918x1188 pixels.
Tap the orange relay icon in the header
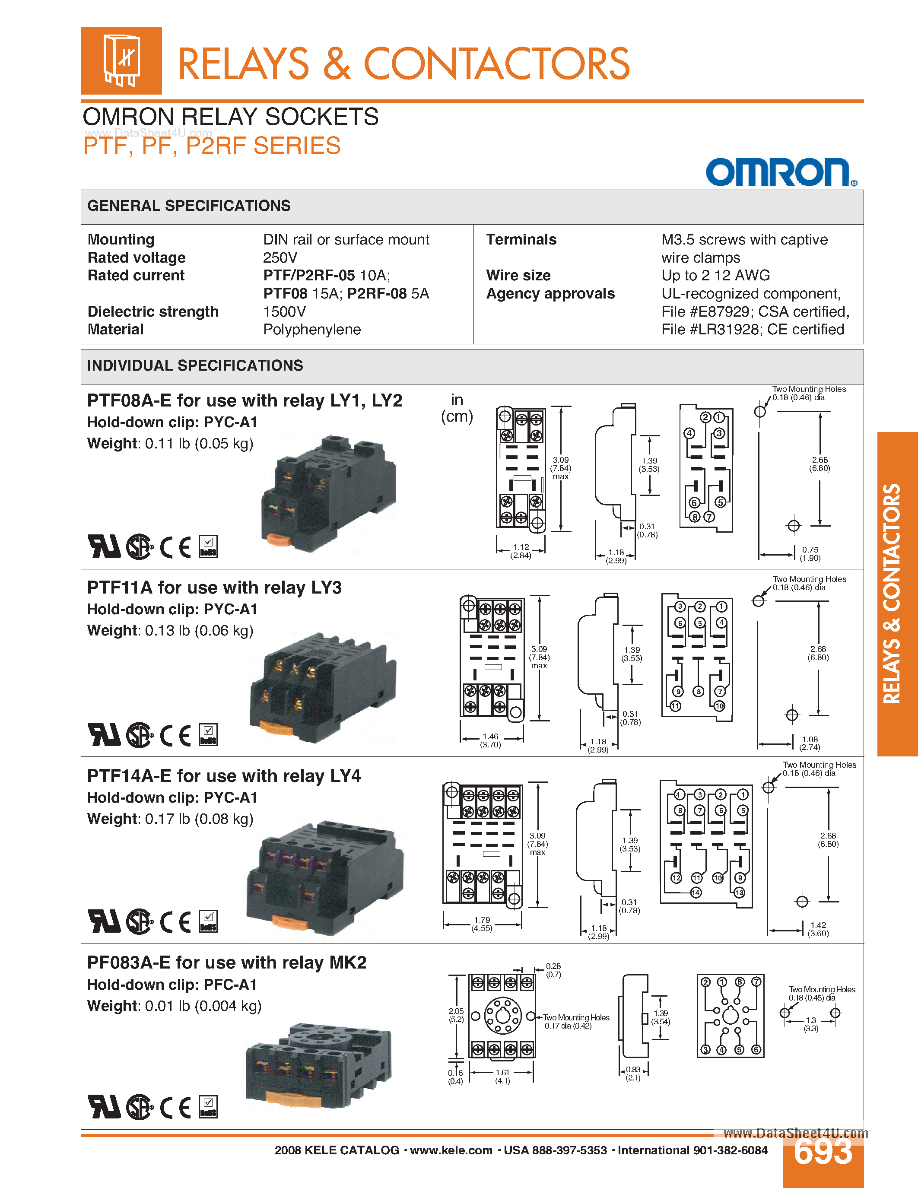pyautogui.click(x=121, y=60)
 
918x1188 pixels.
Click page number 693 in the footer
pyautogui.click(x=823, y=1152)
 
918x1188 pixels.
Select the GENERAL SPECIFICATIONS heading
pyautogui.click(x=189, y=206)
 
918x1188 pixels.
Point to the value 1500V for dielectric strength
pyautogui.click(x=284, y=311)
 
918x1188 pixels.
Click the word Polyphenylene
pyautogui.click(x=311, y=330)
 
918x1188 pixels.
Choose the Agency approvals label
pyautogui.click(x=550, y=294)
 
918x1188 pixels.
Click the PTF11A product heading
pyautogui.click(x=214, y=588)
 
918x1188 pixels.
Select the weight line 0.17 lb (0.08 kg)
pyautogui.click(x=170, y=819)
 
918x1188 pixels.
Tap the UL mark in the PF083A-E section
pyautogui.click(x=104, y=1107)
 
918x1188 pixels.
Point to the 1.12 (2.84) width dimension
pyautogui.click(x=521, y=551)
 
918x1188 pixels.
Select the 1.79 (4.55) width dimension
pyautogui.click(x=482, y=924)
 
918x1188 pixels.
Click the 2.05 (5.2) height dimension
pyautogui.click(x=456, y=1015)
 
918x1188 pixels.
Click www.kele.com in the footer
pyautogui.click(x=451, y=1150)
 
